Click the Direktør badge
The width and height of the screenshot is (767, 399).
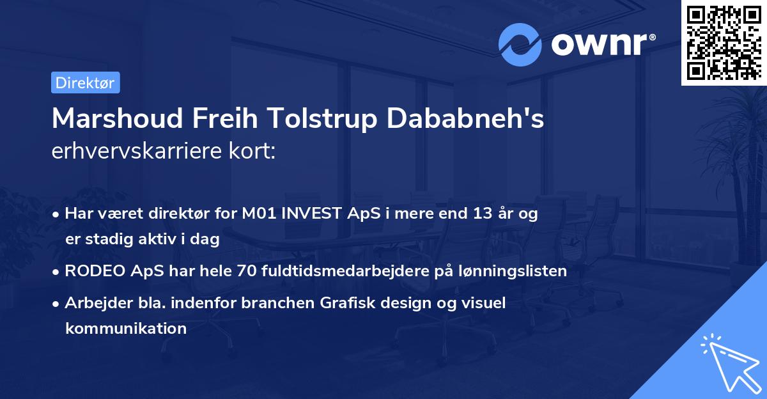point(85,82)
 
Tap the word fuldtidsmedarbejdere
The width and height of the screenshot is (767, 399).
point(344,271)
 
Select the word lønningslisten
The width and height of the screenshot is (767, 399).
point(511,271)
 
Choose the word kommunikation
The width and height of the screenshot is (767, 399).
point(126,329)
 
